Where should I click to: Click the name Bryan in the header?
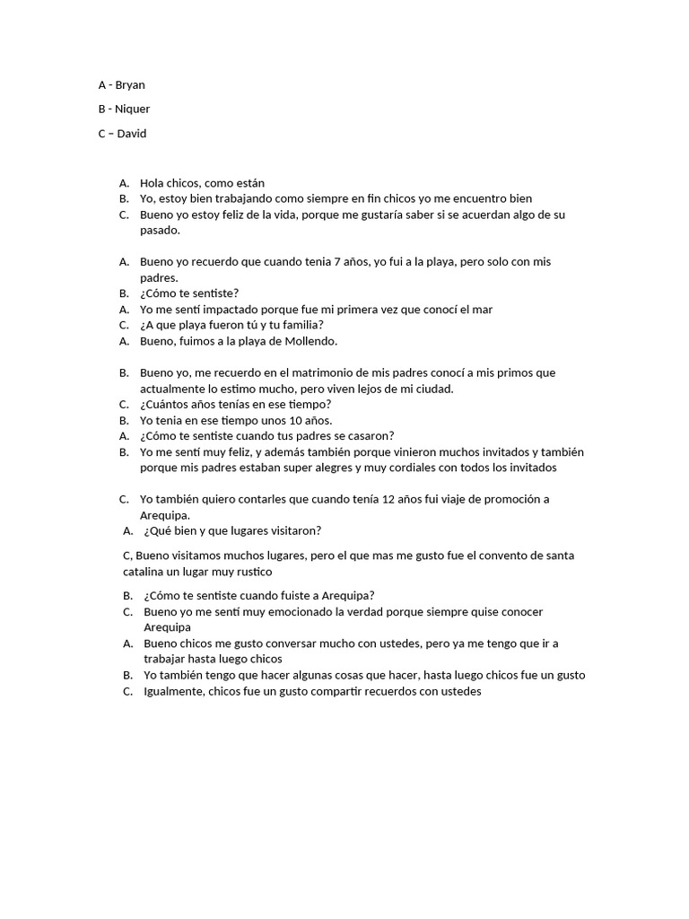click(130, 85)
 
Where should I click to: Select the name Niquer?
click(133, 109)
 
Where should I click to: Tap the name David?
click(132, 134)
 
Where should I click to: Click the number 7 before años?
click(336, 262)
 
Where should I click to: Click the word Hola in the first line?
click(153, 183)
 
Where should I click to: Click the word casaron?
click(370, 436)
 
